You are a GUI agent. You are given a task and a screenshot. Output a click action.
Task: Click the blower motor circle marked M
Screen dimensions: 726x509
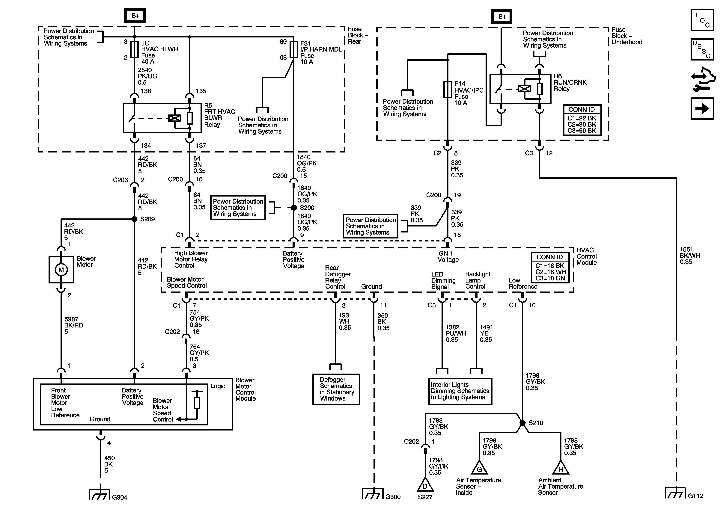tap(61, 270)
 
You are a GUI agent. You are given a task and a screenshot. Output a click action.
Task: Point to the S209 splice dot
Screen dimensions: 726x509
tap(134, 219)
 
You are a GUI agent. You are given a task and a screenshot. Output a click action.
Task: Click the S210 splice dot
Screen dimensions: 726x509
tap(522, 423)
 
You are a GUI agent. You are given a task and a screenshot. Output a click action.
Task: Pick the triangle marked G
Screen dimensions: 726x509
tap(479, 468)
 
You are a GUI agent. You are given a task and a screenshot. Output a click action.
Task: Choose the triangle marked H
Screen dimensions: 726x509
tap(561, 468)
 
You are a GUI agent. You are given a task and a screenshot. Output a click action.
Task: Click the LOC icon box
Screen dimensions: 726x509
tap(702, 20)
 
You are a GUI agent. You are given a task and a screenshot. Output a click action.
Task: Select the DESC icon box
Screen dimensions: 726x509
tap(702, 49)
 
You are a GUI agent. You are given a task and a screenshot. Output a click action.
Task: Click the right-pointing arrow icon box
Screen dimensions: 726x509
tap(702, 108)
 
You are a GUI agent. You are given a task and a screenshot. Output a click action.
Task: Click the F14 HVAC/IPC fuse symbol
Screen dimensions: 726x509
tap(448, 90)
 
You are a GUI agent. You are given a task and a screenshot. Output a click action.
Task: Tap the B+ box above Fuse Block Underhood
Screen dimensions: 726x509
tap(502, 16)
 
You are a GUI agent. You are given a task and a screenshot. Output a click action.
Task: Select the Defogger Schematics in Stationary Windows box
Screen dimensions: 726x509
tap(336, 389)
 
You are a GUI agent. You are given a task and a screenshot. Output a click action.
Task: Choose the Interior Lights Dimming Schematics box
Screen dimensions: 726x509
tap(460, 391)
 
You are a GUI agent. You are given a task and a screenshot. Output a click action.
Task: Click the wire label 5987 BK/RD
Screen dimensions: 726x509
tap(74, 322)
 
